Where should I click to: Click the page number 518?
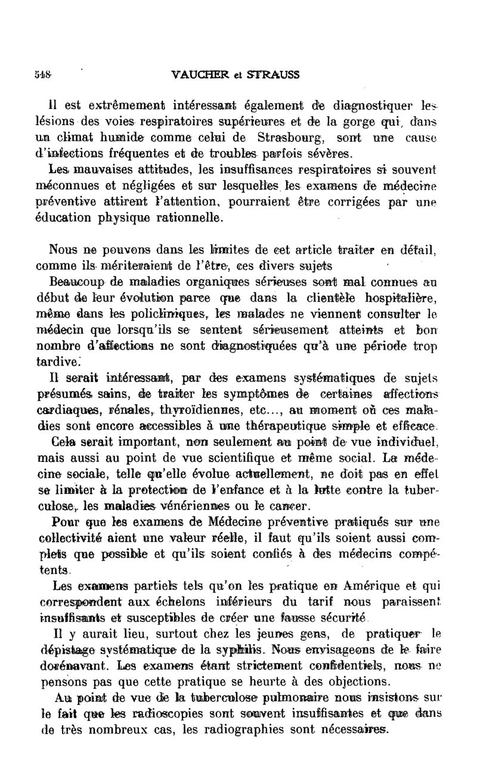[42, 75]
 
